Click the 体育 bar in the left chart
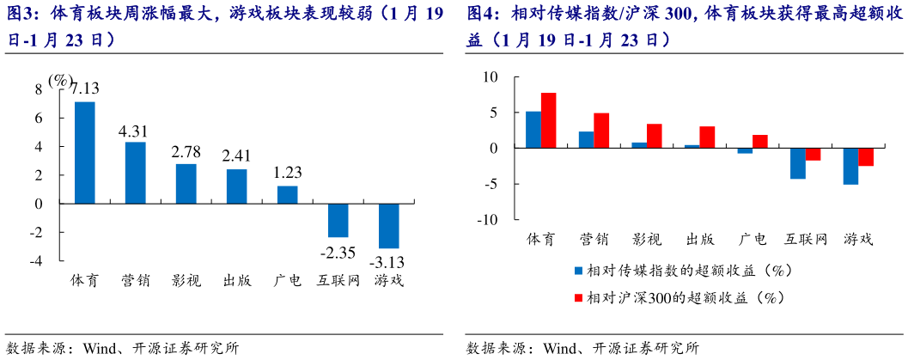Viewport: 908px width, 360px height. click(84, 152)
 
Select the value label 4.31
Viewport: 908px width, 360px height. click(133, 131)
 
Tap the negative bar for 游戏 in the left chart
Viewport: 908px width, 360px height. click(389, 226)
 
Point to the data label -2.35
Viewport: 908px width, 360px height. click(338, 253)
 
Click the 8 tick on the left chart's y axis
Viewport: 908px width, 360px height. click(38, 89)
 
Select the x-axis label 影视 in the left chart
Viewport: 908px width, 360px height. click(186, 280)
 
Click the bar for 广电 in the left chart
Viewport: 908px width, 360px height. click(287, 195)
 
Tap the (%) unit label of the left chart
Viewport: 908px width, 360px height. click(61, 80)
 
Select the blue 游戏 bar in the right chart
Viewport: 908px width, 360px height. click(850, 166)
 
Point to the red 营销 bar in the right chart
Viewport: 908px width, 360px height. click(601, 131)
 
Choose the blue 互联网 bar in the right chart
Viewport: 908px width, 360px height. click(798, 163)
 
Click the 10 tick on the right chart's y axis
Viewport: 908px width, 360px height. click(491, 76)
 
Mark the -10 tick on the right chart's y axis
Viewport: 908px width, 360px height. click(487, 219)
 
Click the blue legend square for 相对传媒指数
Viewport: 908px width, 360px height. click(578, 271)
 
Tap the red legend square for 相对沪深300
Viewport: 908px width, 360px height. click(578, 297)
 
